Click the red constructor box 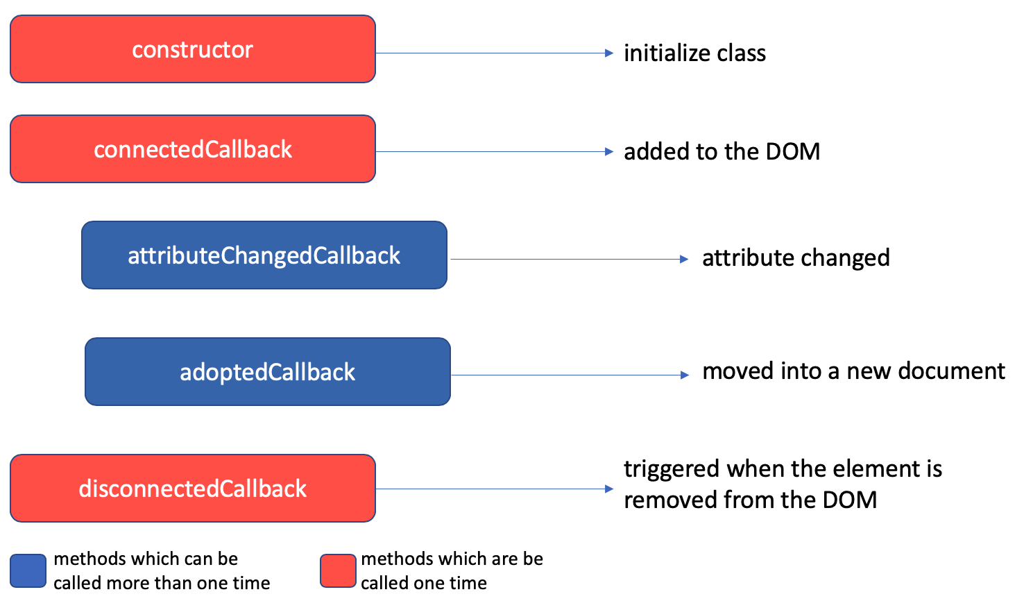[x=192, y=49]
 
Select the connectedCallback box [x=192, y=149]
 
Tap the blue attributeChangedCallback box [x=264, y=255]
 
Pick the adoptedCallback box [x=267, y=372]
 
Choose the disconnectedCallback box [x=192, y=489]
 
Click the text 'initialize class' [x=694, y=53]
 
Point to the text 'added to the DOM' [x=722, y=152]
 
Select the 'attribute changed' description [x=796, y=258]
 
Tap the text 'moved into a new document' [x=853, y=371]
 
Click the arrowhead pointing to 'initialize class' [x=609, y=53]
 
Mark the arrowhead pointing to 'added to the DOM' [x=609, y=152]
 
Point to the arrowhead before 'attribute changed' [x=684, y=260]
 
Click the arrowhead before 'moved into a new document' [x=684, y=375]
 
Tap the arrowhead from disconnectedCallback [x=609, y=489]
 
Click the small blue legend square [x=28, y=571]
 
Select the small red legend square [x=338, y=571]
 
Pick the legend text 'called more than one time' [x=162, y=583]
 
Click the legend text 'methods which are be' [x=452, y=559]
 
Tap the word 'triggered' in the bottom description [x=672, y=470]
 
